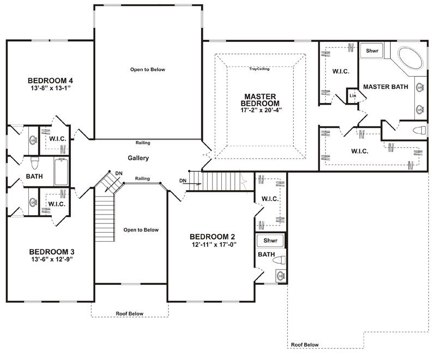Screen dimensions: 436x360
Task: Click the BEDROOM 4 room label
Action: click(x=50, y=81)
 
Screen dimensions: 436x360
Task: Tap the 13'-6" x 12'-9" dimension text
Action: click(x=52, y=259)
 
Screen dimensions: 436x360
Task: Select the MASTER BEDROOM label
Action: click(x=261, y=100)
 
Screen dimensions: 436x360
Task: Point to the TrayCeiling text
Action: click(x=259, y=69)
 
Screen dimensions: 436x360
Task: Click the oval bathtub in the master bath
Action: click(x=410, y=58)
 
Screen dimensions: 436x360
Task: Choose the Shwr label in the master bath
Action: click(x=372, y=51)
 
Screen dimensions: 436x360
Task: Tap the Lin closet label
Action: click(x=353, y=95)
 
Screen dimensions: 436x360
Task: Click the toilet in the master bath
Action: click(x=419, y=130)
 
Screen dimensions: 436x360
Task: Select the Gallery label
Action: click(x=138, y=158)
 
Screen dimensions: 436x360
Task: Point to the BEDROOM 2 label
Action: click(x=212, y=237)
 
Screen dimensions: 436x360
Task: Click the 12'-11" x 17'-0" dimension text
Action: click(x=214, y=245)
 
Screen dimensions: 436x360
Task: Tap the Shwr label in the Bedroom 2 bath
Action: click(x=270, y=240)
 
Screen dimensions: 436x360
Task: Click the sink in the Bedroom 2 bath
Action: click(x=281, y=276)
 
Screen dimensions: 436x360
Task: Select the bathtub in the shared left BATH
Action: click(x=61, y=172)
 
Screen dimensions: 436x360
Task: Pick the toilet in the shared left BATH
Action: click(x=34, y=163)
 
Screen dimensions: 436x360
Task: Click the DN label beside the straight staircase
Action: click(x=183, y=181)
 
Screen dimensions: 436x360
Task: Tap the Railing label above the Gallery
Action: click(x=143, y=143)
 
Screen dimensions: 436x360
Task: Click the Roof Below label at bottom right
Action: click(x=305, y=345)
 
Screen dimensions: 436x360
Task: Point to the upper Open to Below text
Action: click(x=148, y=70)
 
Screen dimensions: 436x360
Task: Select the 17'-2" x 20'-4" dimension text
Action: click(x=261, y=110)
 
